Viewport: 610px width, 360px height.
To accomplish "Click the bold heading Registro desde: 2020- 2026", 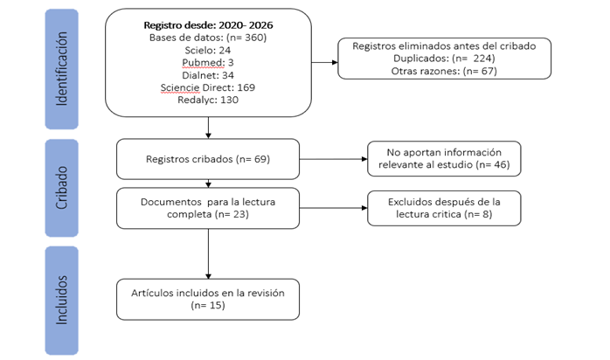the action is [x=208, y=25].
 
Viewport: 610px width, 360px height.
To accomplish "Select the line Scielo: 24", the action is [x=208, y=50].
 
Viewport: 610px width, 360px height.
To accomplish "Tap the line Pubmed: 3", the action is [x=208, y=63].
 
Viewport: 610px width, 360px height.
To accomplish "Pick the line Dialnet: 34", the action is [x=208, y=75].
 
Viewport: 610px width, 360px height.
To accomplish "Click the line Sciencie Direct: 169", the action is [x=208, y=87].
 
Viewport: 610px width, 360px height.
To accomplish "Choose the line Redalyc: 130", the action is [x=208, y=100].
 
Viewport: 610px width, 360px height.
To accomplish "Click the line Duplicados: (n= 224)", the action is [x=444, y=59].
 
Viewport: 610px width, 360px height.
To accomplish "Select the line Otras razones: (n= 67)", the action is [x=444, y=71].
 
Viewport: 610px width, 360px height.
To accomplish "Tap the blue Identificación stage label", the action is [x=62, y=69].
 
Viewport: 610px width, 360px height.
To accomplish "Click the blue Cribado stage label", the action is [x=62, y=188].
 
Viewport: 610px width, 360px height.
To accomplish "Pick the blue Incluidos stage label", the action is [x=62, y=301].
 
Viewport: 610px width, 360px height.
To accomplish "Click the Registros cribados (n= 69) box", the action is [x=208, y=159].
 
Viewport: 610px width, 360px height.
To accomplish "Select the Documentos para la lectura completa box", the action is [x=208, y=208].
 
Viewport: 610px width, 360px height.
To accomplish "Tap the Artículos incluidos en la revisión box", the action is [x=208, y=300].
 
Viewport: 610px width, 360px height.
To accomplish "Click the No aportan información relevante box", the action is [x=444, y=159].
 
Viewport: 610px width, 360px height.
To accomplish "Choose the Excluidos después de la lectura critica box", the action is [x=444, y=208].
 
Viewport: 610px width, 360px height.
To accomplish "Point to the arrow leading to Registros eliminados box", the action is [x=324, y=62].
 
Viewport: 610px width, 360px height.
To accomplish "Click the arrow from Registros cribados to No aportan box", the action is [x=333, y=159].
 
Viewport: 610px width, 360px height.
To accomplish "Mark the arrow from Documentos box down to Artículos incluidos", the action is [x=208, y=254].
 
